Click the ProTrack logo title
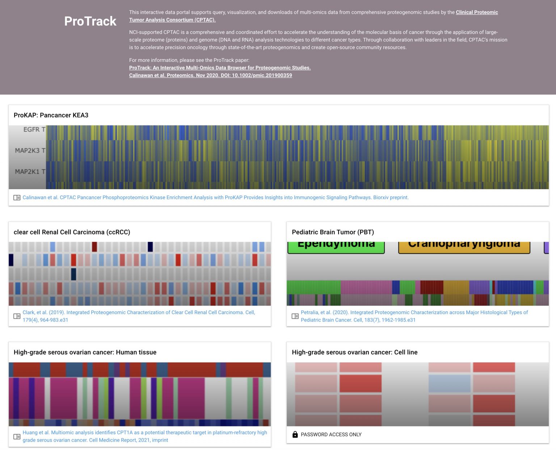(x=90, y=21)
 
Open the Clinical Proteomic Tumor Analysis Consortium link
(x=476, y=12)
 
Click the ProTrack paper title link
(x=220, y=68)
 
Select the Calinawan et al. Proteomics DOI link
(x=210, y=75)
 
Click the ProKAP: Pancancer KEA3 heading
(x=51, y=115)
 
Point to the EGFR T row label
(x=34, y=129)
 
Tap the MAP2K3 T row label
(x=30, y=150)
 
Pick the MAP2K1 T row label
(x=30, y=171)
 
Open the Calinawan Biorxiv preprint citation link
(x=215, y=197)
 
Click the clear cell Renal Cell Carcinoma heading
(x=72, y=232)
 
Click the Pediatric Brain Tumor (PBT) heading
(x=333, y=232)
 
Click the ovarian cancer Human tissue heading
(x=85, y=352)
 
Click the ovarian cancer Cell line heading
(x=354, y=352)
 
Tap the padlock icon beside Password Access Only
(x=295, y=434)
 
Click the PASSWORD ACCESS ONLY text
(x=331, y=434)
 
